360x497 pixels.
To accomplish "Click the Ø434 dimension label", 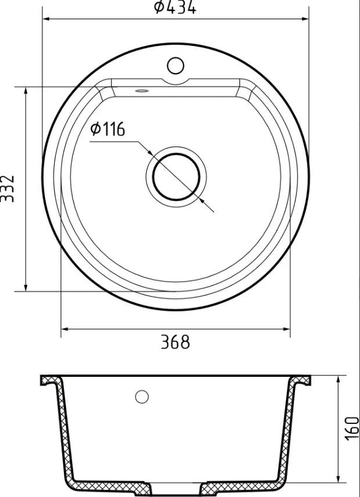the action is click(175, 7).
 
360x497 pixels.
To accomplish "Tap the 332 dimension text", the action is click(7, 189).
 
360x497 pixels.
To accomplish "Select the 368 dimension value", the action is click(175, 342).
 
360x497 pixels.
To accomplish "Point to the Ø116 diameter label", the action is click(107, 129).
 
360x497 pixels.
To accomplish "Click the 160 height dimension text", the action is click(352, 428).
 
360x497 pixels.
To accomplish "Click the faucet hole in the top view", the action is click(175, 66).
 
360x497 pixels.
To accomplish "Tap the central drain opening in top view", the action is click(176, 177).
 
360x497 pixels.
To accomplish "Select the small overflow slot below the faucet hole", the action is click(141, 91).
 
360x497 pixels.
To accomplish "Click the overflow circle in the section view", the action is click(142, 397).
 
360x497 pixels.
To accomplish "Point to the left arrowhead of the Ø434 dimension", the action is click(46, 19).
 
